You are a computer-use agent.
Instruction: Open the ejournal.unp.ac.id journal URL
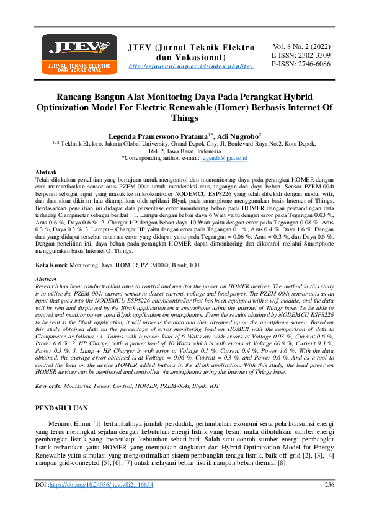click(191, 66)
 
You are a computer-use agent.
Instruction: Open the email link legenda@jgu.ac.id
click(225, 159)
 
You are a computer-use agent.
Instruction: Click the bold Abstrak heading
click(47, 170)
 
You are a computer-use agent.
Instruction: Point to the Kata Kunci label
click(51, 265)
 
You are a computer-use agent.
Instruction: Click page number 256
click(330, 502)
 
